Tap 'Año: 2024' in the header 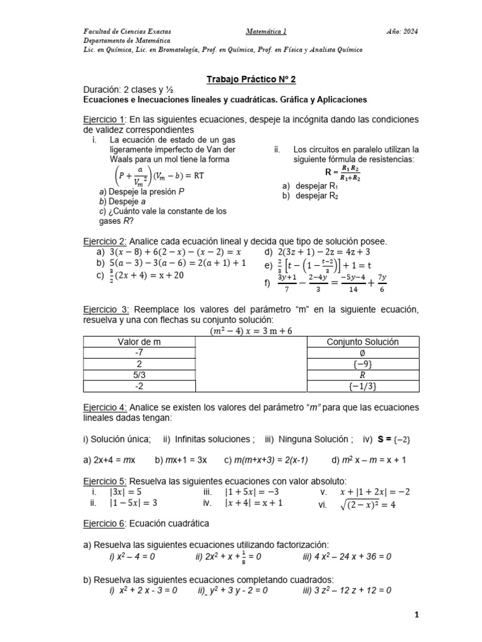click(x=402, y=31)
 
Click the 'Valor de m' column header click(x=139, y=342)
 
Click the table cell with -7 click(x=139, y=353)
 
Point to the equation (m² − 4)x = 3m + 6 click(x=250, y=330)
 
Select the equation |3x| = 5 click(x=126, y=492)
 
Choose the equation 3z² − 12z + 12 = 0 click(x=346, y=590)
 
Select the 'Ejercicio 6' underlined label click(x=105, y=522)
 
